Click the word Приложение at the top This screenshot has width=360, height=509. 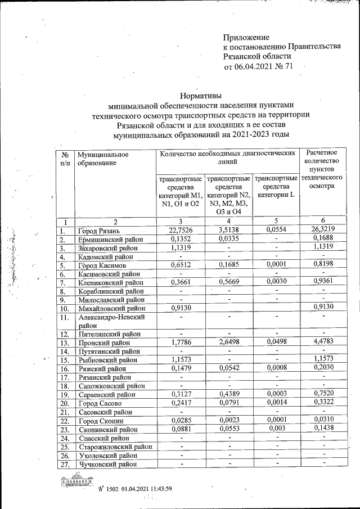246,36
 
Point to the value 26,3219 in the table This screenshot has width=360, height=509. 323,231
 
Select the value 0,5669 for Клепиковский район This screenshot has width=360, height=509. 228,281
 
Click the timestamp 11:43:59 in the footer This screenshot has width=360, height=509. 157,489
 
